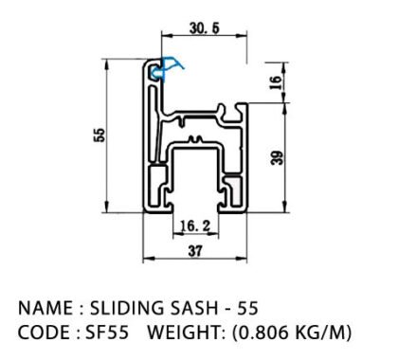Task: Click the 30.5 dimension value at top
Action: [x=204, y=28]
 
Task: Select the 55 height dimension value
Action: [x=99, y=135]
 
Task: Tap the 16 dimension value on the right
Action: [x=276, y=82]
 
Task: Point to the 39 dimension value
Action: [x=278, y=158]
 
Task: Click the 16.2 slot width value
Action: [x=195, y=226]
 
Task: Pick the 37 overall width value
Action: [x=195, y=251]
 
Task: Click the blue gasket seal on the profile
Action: [x=166, y=69]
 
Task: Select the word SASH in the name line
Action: [x=194, y=308]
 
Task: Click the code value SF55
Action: [x=107, y=333]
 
